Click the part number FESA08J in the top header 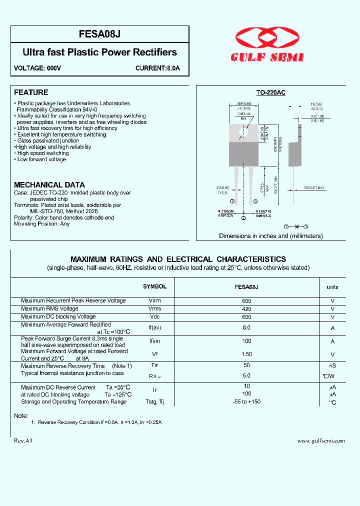(x=99, y=34)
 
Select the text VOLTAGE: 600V (x=37, y=68)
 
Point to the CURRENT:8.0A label (x=157, y=68)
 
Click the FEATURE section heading (x=31, y=92)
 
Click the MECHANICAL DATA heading (x=49, y=185)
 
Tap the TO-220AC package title (x=270, y=93)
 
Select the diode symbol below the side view (x=296, y=226)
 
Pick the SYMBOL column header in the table (x=154, y=287)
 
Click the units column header (x=332, y=287)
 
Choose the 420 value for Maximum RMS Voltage (x=246, y=309)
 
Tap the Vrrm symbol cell (x=154, y=301)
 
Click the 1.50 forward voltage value (x=246, y=354)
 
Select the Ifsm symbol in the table (x=154, y=341)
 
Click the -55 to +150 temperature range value (x=246, y=402)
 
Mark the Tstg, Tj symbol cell (x=154, y=402)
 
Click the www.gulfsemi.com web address (x=321, y=441)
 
